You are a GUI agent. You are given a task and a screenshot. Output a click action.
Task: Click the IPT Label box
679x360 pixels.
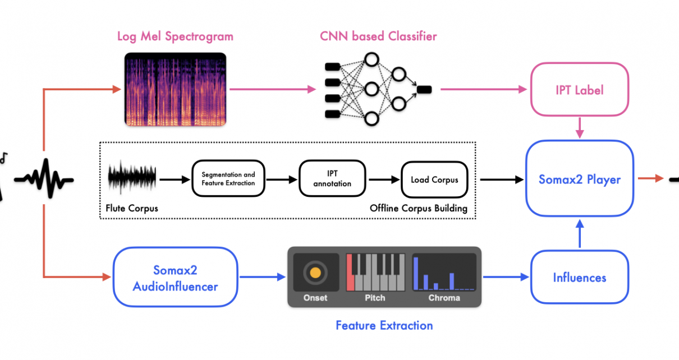click(579, 89)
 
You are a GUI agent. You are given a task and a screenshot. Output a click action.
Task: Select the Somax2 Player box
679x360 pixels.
click(579, 178)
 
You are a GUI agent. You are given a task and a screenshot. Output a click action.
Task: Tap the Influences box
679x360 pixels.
click(579, 277)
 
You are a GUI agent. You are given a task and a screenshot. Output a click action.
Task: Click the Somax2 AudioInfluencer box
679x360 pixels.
click(175, 277)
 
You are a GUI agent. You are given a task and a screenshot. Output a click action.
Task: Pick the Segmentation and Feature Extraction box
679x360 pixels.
click(228, 178)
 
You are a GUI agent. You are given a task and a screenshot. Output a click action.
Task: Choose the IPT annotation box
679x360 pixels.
click(332, 178)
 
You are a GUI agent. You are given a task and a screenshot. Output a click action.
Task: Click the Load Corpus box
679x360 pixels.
click(434, 179)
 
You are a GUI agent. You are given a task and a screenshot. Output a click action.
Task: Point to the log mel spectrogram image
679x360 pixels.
click(175, 89)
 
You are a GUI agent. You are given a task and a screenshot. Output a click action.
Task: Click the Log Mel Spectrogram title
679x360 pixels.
click(175, 36)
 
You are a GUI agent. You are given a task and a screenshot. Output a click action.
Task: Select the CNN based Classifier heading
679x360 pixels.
click(378, 36)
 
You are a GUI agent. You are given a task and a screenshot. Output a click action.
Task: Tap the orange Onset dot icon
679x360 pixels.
click(315, 273)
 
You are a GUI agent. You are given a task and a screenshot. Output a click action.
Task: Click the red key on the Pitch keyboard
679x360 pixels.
click(350, 273)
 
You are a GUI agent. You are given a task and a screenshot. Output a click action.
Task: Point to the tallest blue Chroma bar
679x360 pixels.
click(416, 273)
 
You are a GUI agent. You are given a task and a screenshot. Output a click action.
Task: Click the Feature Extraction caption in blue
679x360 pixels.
click(384, 325)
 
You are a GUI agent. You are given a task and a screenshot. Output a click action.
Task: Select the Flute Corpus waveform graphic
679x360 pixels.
click(132, 177)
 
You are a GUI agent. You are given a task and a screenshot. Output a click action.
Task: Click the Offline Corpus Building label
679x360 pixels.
click(419, 209)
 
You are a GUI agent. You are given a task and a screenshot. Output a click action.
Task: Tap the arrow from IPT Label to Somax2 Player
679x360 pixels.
click(580, 128)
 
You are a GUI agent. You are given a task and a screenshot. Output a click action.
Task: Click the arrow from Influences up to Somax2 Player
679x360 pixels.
click(580, 234)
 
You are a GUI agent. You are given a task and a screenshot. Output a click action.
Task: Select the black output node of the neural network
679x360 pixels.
click(424, 89)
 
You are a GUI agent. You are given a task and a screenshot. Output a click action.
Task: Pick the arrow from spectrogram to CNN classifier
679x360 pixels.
click(273, 89)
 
